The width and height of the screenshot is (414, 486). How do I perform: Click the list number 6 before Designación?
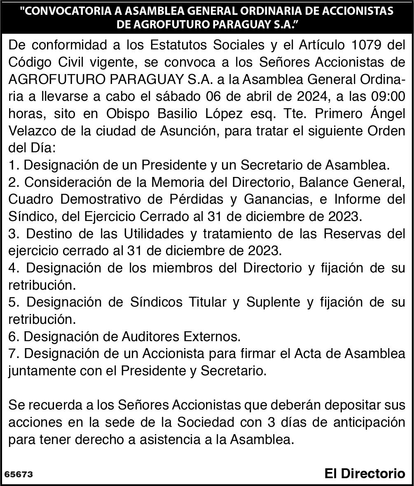tap(12, 337)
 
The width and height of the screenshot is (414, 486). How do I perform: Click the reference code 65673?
tap(19, 474)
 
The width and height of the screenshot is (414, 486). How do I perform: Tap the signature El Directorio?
tap(365, 473)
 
